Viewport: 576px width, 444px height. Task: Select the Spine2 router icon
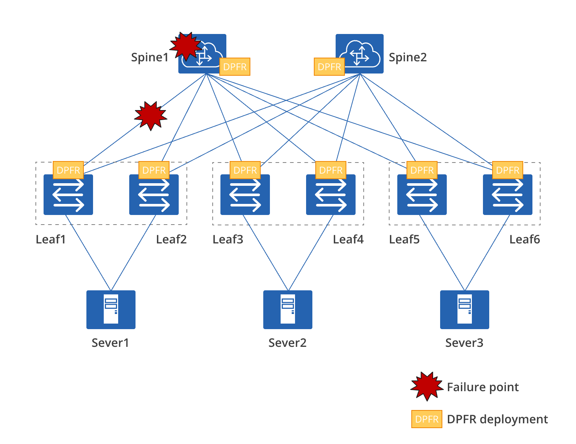(359, 53)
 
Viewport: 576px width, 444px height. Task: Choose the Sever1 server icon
(111, 310)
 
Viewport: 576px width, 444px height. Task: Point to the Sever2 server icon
(288, 310)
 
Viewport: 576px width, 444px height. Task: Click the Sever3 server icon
(464, 310)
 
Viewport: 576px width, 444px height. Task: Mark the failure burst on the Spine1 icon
(186, 46)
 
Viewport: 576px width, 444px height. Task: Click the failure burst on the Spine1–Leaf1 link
(151, 116)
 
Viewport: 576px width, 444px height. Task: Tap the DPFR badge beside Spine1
(235, 67)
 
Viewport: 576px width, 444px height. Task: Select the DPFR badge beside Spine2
(329, 67)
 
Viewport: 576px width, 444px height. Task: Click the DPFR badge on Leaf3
(245, 170)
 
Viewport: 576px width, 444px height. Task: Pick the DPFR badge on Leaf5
(422, 170)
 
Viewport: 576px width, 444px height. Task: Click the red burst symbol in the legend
(427, 386)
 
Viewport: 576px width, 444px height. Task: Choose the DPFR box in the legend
(427, 419)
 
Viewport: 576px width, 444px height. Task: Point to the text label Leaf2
(171, 239)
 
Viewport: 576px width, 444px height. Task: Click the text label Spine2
(408, 57)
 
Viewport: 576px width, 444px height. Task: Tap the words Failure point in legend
(483, 387)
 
